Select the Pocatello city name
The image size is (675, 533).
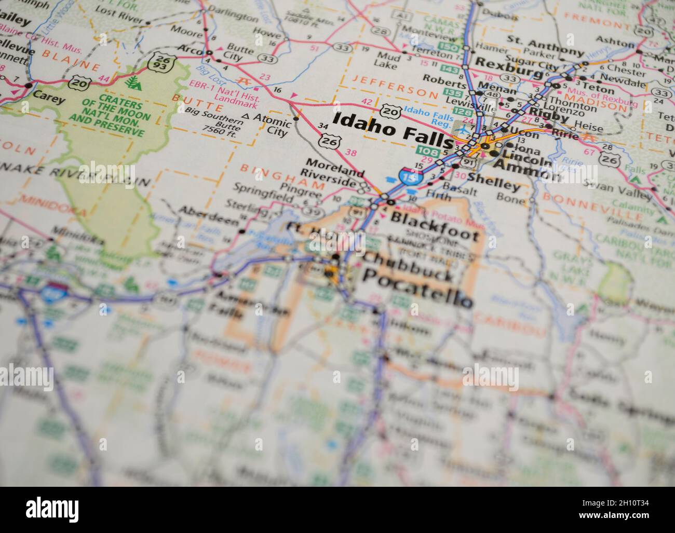[x=417, y=295]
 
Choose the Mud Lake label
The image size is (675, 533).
[x=388, y=61]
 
